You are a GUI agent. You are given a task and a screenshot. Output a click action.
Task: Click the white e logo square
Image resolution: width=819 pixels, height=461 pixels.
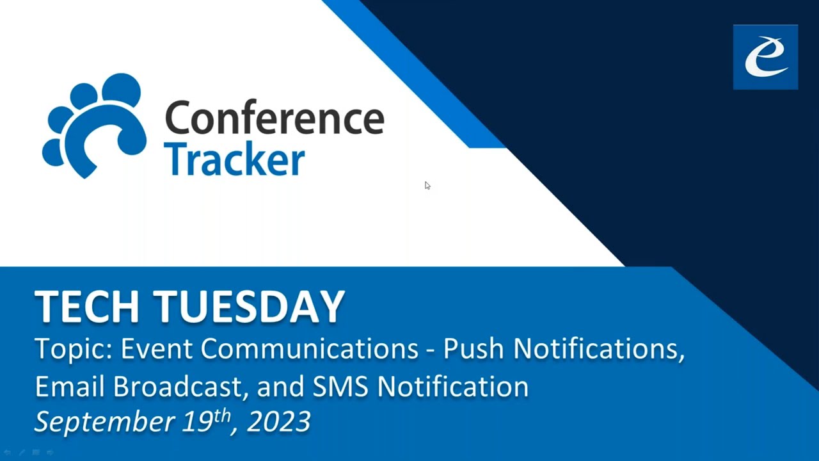[765, 57]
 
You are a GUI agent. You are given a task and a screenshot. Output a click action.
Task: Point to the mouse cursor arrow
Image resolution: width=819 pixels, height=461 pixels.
[427, 186]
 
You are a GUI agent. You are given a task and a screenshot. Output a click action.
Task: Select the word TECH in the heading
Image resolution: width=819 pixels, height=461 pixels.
[92, 307]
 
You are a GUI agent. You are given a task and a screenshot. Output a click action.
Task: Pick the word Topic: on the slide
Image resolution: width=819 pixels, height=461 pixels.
[73, 350]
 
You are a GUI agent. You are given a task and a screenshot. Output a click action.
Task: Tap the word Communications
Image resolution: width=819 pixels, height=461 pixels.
[310, 349]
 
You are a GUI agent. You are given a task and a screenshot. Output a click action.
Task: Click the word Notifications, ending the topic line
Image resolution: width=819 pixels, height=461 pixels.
[599, 349]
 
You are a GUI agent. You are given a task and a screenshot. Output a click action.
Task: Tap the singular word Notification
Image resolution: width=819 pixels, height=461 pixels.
[452, 386]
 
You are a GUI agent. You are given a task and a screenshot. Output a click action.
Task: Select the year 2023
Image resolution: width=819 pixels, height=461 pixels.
[279, 422]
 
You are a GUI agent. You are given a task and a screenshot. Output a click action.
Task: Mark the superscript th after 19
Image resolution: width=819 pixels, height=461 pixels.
[221, 415]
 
